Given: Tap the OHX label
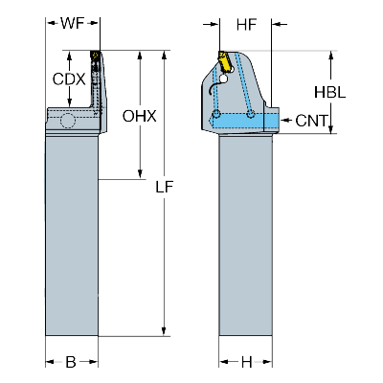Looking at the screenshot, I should (x=138, y=117).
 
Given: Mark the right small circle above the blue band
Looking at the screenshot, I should (x=251, y=115).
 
